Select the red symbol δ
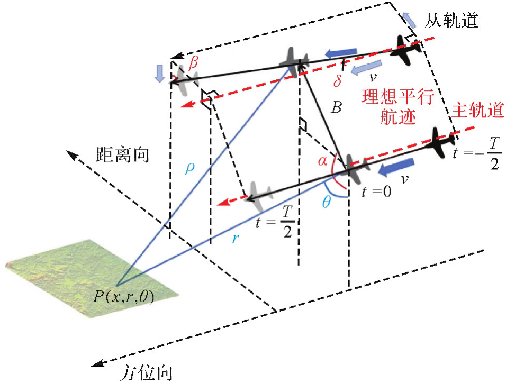point(337,82)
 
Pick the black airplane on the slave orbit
point(408,48)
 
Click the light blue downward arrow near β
point(160,75)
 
